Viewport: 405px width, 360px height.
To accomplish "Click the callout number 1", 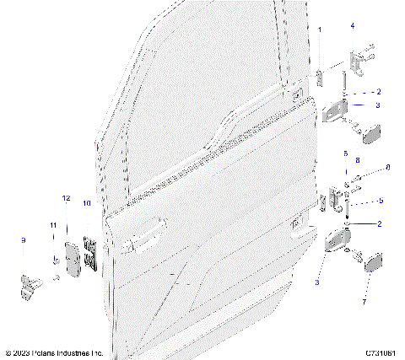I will (x=320, y=30).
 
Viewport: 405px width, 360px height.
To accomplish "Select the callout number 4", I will (x=353, y=26).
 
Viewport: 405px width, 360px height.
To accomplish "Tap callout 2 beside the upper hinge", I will (x=379, y=91).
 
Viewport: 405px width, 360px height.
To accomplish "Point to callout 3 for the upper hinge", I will (x=378, y=105).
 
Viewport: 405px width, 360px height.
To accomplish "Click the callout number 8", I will (x=358, y=159).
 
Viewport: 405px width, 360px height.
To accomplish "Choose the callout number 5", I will (x=381, y=201).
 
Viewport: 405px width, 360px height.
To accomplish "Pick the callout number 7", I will (x=364, y=301).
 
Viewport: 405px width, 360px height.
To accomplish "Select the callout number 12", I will (x=66, y=197).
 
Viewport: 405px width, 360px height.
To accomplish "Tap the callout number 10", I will (x=86, y=203).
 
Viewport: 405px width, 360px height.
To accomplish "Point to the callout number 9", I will (x=23, y=240).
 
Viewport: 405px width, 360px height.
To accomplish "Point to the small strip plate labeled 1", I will (x=320, y=73).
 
